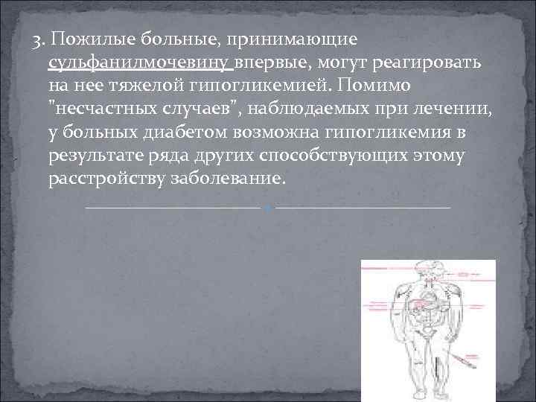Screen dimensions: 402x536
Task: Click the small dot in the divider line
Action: (x=268, y=207)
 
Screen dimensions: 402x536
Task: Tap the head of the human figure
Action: (x=425, y=269)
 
